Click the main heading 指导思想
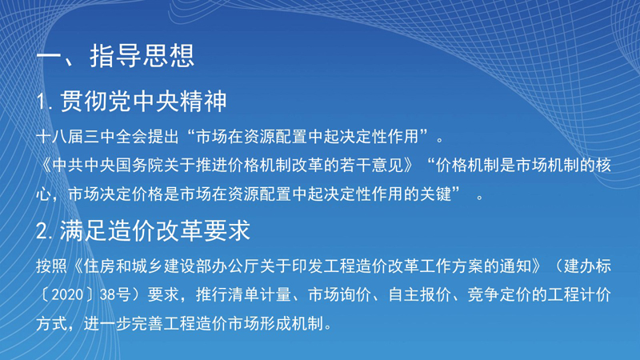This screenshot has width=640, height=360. coord(142,56)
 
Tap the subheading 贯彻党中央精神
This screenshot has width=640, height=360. coord(143,102)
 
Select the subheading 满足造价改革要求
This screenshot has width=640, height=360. coord(155,231)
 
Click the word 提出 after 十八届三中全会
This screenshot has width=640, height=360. coord(163,137)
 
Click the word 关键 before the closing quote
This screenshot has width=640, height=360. coord(435,194)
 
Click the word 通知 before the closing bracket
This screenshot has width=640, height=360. coord(515,266)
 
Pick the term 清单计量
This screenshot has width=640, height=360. coord(259,294)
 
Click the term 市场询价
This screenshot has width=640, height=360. coord(339,294)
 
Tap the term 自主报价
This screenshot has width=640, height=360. coord(419,294)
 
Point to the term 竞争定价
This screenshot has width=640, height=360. coord(499,294)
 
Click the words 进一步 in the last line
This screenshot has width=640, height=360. coord(107,324)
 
